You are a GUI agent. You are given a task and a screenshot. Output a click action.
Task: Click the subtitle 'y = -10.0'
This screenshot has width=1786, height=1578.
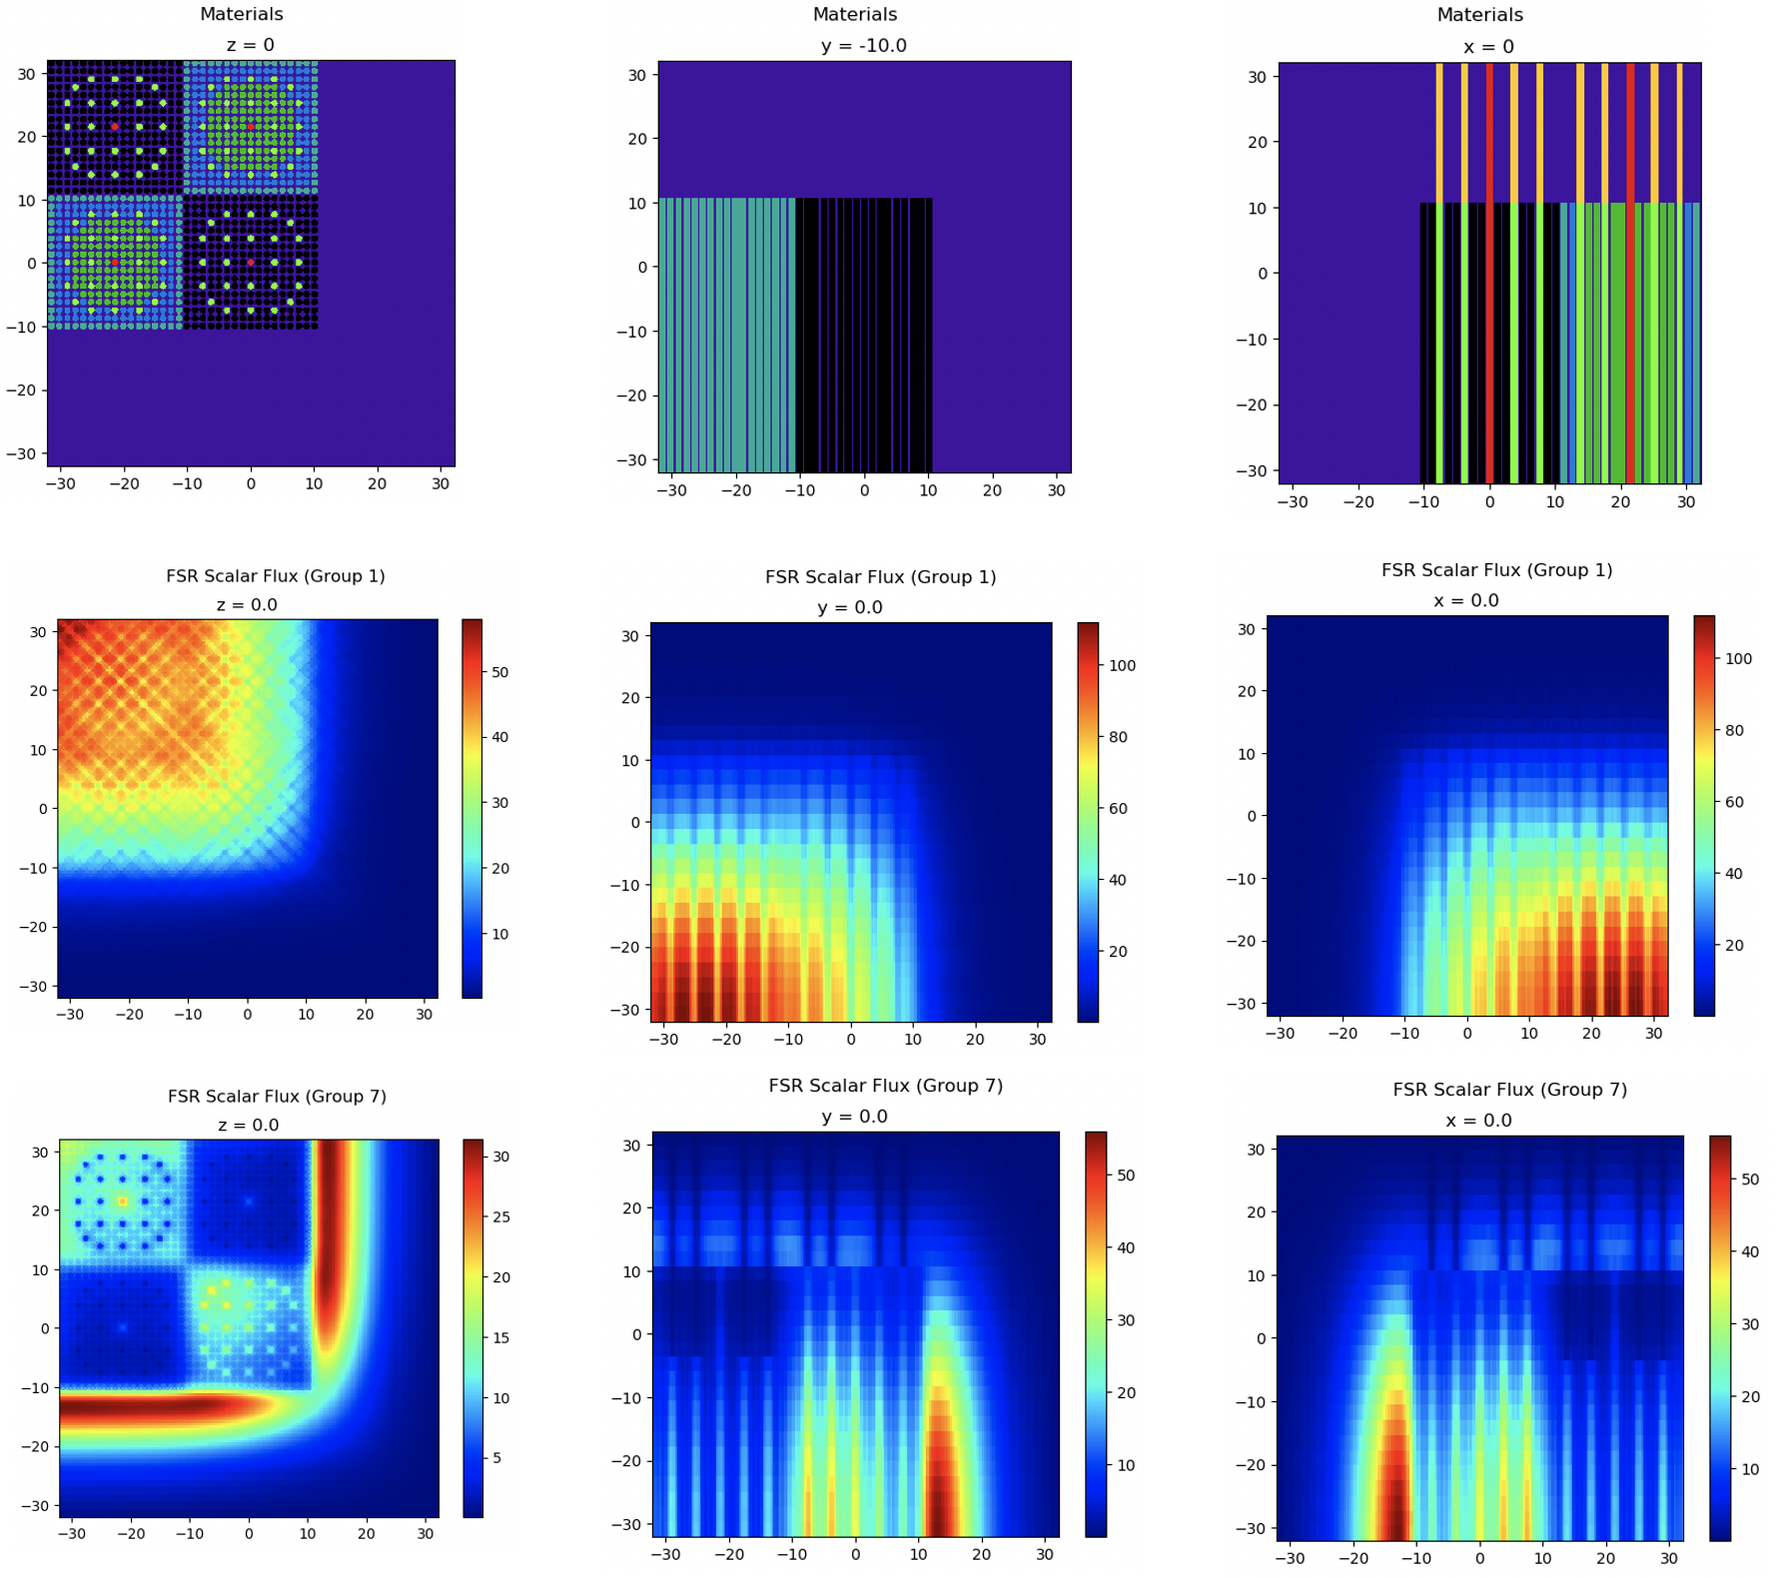tap(863, 46)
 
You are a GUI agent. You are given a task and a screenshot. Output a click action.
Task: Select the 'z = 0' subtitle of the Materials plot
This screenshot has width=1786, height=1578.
tap(250, 45)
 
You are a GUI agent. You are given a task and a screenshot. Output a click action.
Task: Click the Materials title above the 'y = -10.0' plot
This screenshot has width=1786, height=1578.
tap(855, 15)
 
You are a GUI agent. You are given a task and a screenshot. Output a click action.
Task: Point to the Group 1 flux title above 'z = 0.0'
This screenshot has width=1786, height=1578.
tap(276, 576)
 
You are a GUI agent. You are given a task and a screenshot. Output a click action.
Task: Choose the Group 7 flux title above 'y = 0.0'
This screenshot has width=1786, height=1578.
tap(885, 1086)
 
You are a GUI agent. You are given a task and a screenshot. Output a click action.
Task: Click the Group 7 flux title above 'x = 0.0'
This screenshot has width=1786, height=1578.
tap(1509, 1090)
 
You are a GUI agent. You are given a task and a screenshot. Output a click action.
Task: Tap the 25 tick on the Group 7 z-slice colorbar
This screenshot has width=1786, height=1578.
tap(500, 1216)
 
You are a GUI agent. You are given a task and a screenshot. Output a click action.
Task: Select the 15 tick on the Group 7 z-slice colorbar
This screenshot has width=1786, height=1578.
tap(500, 1338)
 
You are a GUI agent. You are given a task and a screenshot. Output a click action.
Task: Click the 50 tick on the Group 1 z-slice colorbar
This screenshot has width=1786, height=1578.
tap(499, 672)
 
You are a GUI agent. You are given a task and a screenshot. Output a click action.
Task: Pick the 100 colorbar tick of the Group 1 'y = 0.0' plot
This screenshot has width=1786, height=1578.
tap(1122, 665)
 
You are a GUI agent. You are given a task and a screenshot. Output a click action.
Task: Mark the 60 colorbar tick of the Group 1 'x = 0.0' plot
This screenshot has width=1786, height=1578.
tap(1733, 802)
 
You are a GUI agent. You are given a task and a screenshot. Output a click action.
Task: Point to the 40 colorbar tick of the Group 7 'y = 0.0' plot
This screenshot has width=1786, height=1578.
tap(1125, 1247)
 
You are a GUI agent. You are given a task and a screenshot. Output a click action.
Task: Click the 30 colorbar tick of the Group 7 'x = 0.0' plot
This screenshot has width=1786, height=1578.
tap(1749, 1324)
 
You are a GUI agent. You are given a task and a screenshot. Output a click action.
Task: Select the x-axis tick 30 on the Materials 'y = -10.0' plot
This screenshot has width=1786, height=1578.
tap(1056, 490)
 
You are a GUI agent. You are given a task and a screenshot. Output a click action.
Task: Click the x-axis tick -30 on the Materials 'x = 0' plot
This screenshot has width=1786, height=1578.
tap(1293, 502)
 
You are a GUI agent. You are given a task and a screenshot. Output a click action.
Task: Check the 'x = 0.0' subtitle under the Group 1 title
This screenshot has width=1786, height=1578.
tap(1465, 600)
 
